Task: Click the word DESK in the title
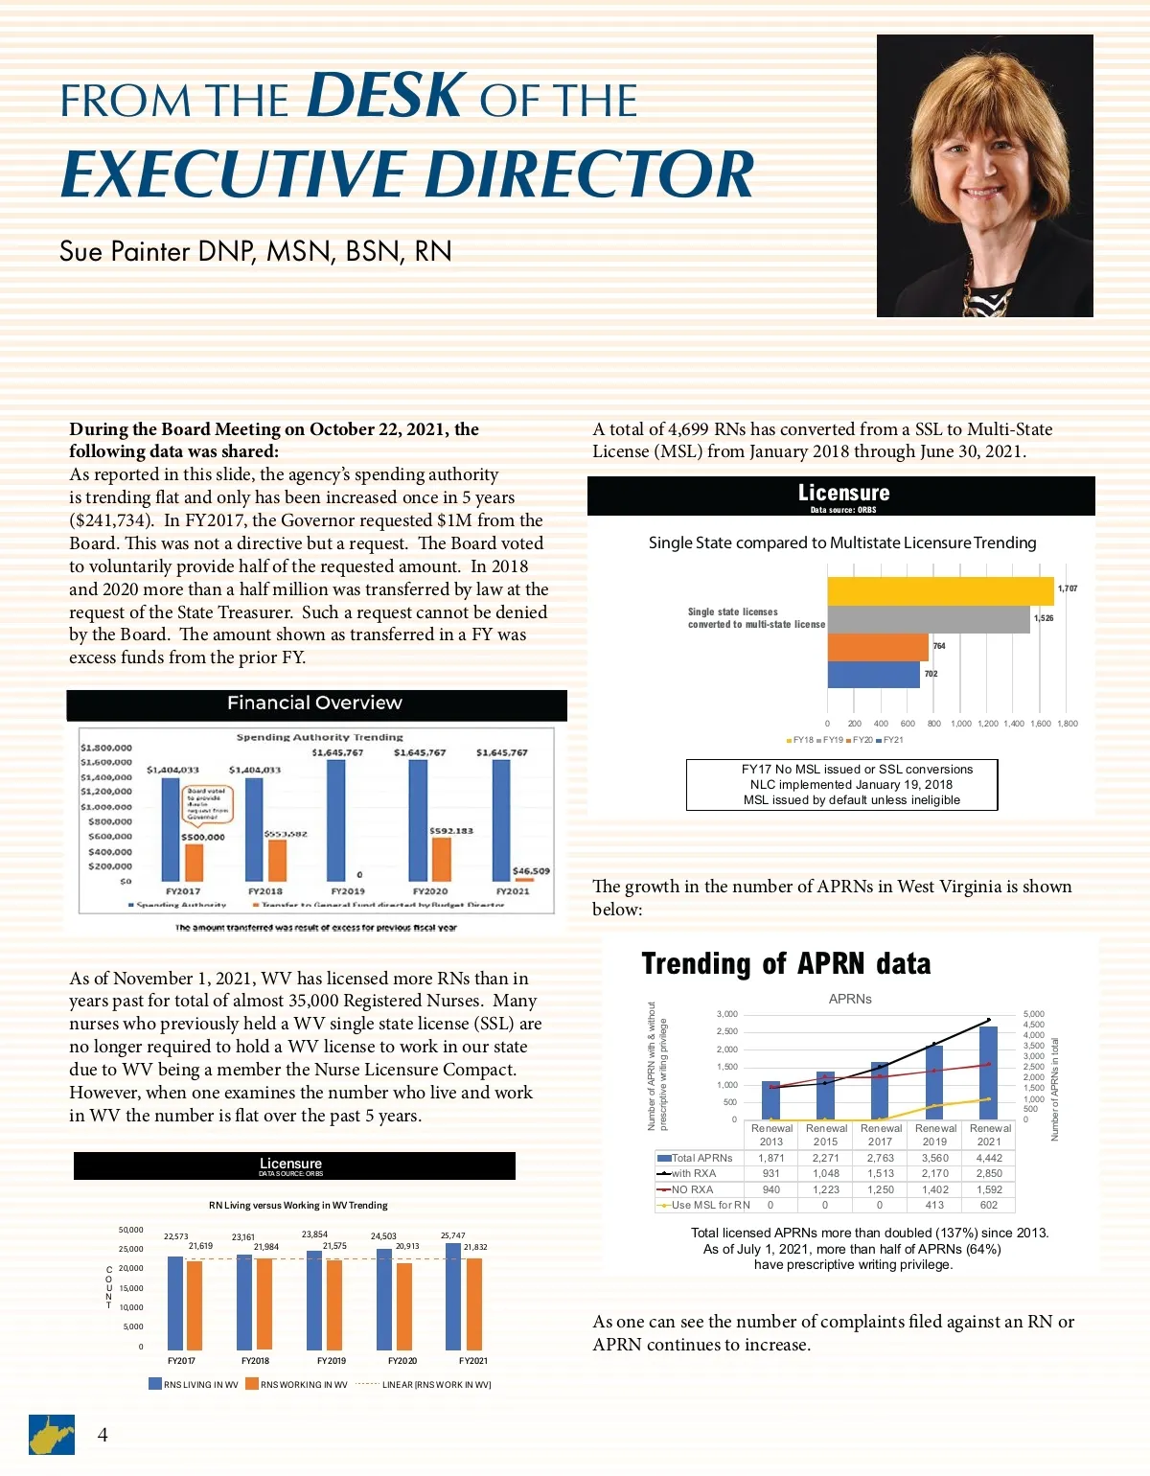tap(385, 96)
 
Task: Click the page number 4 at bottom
tap(103, 1435)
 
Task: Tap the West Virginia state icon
tap(51, 1435)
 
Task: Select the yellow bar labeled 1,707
tap(939, 590)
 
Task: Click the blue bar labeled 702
tap(873, 675)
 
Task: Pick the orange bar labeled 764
tap(878, 647)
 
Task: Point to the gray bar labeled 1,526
tap(928, 619)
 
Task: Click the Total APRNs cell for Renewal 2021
tap(989, 1158)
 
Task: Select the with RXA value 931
tap(771, 1173)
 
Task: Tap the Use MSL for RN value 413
tap(934, 1205)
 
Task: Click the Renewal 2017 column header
tap(881, 1135)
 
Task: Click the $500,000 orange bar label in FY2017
tap(203, 837)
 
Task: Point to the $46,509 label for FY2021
tap(531, 871)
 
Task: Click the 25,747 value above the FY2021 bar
tap(452, 1235)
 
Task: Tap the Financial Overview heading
tap(314, 703)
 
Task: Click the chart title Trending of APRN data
tap(786, 963)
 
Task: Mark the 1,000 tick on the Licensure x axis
tap(961, 724)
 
